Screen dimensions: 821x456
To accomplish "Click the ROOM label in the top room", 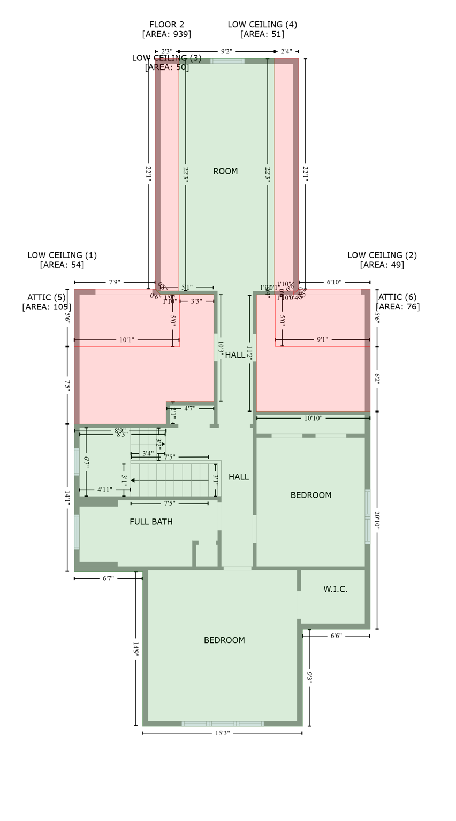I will tap(225, 171).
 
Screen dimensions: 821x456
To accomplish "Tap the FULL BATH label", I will tap(151, 522).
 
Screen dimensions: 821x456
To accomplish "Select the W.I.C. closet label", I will tap(335, 589).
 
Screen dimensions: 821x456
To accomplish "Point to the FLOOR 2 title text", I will tap(166, 25).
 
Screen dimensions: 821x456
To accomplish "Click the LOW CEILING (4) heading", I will tap(262, 25).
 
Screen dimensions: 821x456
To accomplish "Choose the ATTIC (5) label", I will tap(47, 297).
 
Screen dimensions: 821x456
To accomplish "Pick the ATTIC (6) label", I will tap(397, 297).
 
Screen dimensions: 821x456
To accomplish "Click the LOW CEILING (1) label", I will tap(62, 255).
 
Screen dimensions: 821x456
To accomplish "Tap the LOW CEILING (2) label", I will tap(382, 255).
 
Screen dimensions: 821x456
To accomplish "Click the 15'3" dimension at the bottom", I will tap(222, 733).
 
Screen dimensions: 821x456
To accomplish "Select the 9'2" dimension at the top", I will tap(226, 52).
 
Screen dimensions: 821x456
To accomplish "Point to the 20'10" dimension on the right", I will tap(377, 520).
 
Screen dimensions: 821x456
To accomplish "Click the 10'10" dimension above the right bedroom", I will tap(313, 419).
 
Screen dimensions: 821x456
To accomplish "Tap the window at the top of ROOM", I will tap(227, 61).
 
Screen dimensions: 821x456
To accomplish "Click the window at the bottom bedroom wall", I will tap(222, 724).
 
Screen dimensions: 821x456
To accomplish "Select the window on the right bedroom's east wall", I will tap(367, 516).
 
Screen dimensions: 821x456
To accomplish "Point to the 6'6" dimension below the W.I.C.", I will tap(336, 636).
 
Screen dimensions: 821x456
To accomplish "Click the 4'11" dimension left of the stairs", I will tap(105, 490).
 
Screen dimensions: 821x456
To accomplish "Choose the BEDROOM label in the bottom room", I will tap(224, 640).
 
